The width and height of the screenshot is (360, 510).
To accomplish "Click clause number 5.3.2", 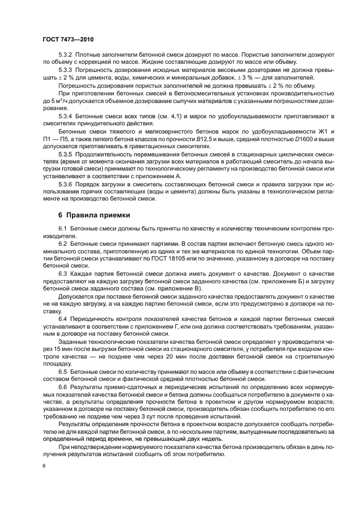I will [65, 56].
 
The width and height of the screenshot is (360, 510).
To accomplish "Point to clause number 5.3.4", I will [65, 117].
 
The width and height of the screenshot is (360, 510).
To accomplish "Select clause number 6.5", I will [62, 371].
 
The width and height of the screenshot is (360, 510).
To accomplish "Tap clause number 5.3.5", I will [65, 155].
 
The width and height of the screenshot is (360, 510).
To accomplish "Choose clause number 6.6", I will [62, 386].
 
